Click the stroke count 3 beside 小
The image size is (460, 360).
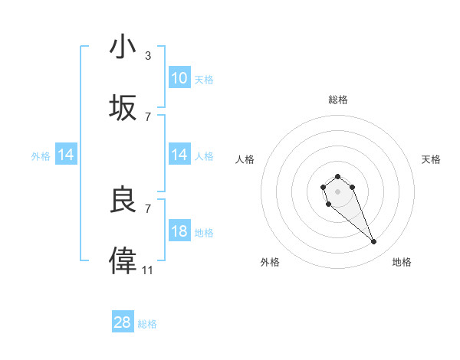coord(148,56)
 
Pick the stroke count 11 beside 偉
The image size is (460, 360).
coord(148,270)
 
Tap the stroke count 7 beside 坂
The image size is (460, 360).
coord(148,117)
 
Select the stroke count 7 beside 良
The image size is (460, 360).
coord(148,208)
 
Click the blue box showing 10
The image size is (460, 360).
coord(179,78)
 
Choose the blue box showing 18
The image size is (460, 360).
coord(179,231)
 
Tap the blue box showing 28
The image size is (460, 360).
coord(123,322)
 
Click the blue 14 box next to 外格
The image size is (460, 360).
coord(66,155)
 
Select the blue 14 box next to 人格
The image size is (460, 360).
coord(179,155)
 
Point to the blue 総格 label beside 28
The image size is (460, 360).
coord(147,324)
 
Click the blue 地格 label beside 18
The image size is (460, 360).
coord(204,233)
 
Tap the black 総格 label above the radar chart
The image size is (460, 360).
coord(337,100)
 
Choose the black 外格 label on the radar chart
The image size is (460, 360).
coord(270,262)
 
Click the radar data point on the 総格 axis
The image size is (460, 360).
coord(337,177)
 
